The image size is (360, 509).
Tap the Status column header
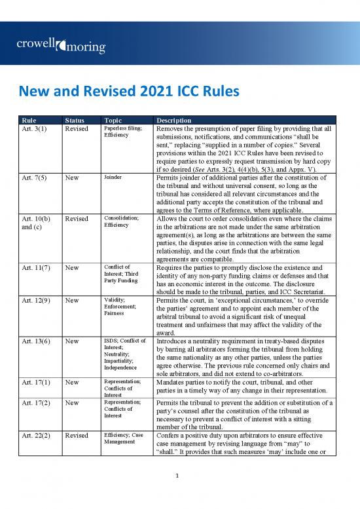coord(75,121)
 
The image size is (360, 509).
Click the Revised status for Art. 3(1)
coord(77,129)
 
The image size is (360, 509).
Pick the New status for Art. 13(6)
coord(71,341)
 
